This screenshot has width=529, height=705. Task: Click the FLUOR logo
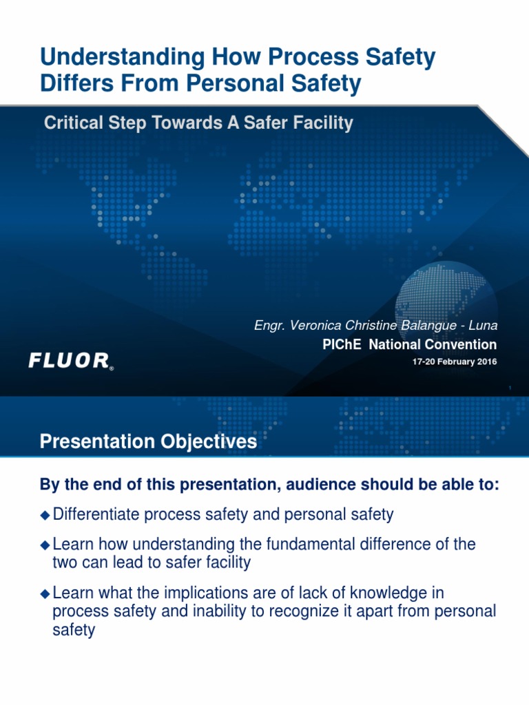point(70,360)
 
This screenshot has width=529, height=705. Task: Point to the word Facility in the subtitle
point(322,123)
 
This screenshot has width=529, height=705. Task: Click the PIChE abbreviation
point(343,344)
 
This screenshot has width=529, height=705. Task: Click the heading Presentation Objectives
point(148,441)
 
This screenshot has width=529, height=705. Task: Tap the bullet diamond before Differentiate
point(45,514)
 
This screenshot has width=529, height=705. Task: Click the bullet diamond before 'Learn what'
point(45,593)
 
